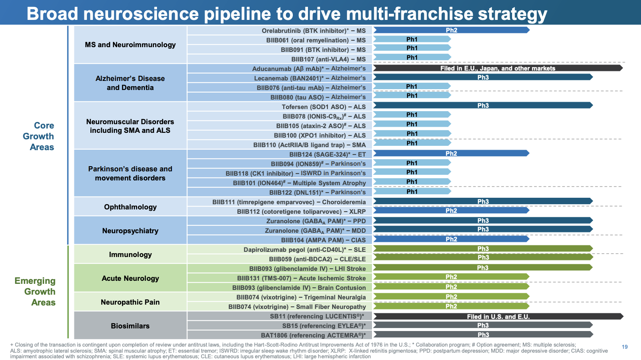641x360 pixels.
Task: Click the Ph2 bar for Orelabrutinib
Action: [x=451, y=30]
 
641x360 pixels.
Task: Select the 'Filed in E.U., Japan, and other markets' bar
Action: [x=498, y=68]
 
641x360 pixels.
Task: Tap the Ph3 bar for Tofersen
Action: [x=483, y=105]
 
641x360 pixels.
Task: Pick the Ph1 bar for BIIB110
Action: [x=412, y=143]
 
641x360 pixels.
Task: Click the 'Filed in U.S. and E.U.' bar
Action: [x=498, y=316]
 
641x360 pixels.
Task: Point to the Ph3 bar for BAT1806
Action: [x=483, y=334]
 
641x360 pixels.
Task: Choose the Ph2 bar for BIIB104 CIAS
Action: [x=451, y=239]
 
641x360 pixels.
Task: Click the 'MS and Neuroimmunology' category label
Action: [x=130, y=45]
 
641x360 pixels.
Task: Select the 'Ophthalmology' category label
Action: [x=130, y=207]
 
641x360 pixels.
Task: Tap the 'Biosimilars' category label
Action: [x=130, y=326]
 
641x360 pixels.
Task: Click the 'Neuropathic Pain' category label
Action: [x=130, y=302]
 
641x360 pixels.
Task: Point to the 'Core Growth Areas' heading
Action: [x=38, y=136]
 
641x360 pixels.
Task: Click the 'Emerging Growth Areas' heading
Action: [x=35, y=292]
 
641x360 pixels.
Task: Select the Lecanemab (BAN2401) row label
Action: [x=310, y=78]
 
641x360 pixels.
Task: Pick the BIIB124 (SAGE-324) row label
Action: [x=327, y=154]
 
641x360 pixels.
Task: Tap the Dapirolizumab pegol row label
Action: [x=304, y=250]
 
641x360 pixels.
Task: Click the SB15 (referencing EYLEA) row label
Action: [x=324, y=326]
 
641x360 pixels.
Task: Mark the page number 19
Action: [x=625, y=347]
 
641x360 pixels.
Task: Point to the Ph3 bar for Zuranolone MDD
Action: [x=483, y=229]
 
